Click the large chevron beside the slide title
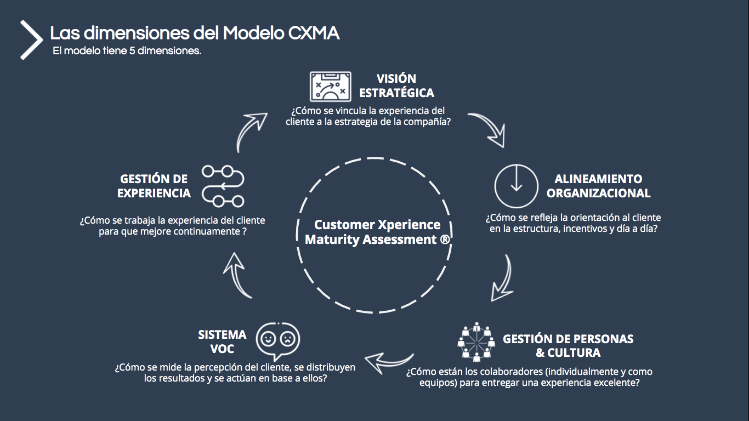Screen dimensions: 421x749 [x=31, y=40]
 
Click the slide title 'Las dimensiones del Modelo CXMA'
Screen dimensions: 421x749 [x=195, y=33]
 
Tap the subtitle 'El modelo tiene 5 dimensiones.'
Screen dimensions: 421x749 [x=127, y=51]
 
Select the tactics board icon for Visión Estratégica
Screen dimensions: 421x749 [x=330, y=86]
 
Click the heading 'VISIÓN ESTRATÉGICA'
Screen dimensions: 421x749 [x=396, y=86]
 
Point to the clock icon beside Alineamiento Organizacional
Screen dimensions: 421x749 [x=516, y=185]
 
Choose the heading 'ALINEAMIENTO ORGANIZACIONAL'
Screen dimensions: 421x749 [x=598, y=186]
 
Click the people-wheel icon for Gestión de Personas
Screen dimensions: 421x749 [x=475, y=343]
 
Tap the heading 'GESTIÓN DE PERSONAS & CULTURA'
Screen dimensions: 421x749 [x=568, y=345]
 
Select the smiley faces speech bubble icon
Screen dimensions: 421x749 [x=278, y=340]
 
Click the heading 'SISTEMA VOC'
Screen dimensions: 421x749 [x=222, y=342]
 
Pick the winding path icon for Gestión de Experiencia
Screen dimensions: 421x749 [x=223, y=186]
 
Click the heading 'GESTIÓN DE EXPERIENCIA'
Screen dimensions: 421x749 [x=154, y=186]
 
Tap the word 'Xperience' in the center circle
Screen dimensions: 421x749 [x=409, y=225]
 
